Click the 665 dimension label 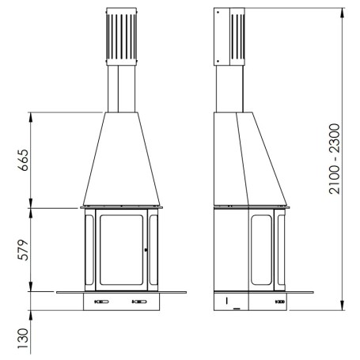point(23,160)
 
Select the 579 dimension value point(23,250)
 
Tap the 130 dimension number point(23,339)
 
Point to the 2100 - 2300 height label point(335,159)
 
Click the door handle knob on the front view point(146,249)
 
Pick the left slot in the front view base point(101,301)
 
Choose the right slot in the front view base point(139,301)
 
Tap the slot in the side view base point(280,301)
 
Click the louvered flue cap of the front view point(122,36)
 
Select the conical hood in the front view point(121,159)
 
